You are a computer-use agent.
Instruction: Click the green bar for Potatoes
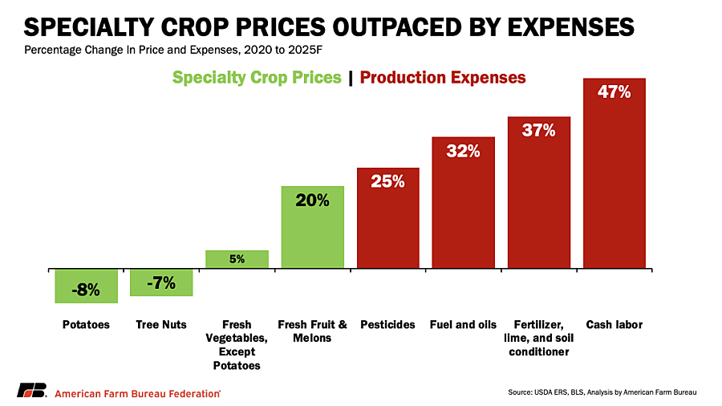(86, 286)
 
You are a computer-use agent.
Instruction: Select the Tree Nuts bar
(161, 282)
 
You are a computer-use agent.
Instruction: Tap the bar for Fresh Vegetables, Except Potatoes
(237, 259)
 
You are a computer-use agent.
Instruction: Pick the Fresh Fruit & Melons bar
(312, 227)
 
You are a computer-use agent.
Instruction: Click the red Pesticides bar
(387, 217)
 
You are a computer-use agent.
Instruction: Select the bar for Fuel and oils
(463, 202)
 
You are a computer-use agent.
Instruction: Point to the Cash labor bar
(615, 173)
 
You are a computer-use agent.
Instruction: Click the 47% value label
(615, 92)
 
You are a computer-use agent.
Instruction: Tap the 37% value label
(539, 130)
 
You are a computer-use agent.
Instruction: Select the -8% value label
(86, 290)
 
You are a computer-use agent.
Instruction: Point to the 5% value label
(237, 259)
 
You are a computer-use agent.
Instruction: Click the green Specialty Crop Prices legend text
(257, 77)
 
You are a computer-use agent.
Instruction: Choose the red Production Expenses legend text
(443, 77)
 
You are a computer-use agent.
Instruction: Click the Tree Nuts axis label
(161, 324)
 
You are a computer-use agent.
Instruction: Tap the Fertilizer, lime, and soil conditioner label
(539, 338)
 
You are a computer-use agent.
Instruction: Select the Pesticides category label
(387, 324)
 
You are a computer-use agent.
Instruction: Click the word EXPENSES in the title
(571, 27)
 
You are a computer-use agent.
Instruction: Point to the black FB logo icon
(32, 390)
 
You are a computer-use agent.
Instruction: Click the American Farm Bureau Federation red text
(137, 394)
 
